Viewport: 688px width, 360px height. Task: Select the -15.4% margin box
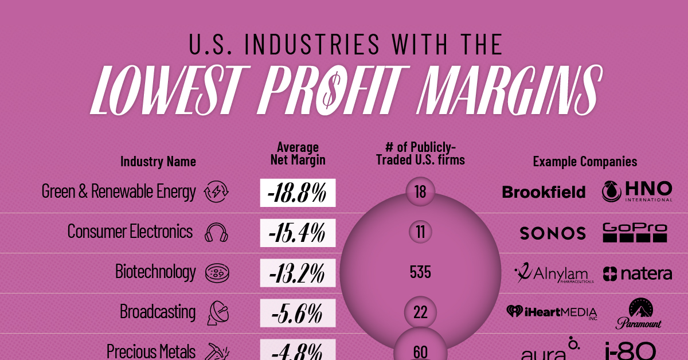[x=297, y=232]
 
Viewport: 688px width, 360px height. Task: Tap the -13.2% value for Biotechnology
[x=297, y=272]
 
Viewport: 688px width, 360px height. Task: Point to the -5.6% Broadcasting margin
[x=297, y=312]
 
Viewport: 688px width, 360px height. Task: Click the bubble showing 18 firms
[x=420, y=191]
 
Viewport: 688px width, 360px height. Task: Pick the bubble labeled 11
[x=420, y=232]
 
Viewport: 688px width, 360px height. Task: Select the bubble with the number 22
[x=420, y=312]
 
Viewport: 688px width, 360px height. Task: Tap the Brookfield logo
[x=544, y=192]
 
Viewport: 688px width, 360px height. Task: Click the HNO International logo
[x=636, y=191]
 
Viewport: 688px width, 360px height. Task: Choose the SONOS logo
[x=553, y=233]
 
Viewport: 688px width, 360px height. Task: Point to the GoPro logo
[x=635, y=232]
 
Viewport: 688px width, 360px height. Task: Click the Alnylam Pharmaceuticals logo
[x=554, y=272]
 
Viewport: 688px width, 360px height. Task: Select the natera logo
[x=638, y=273]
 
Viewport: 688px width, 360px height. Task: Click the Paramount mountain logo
[x=639, y=314]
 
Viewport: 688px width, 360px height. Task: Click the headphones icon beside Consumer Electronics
[x=216, y=233]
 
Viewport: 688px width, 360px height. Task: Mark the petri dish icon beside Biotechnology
[x=216, y=273]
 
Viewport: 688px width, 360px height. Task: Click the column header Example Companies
[x=585, y=162]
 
